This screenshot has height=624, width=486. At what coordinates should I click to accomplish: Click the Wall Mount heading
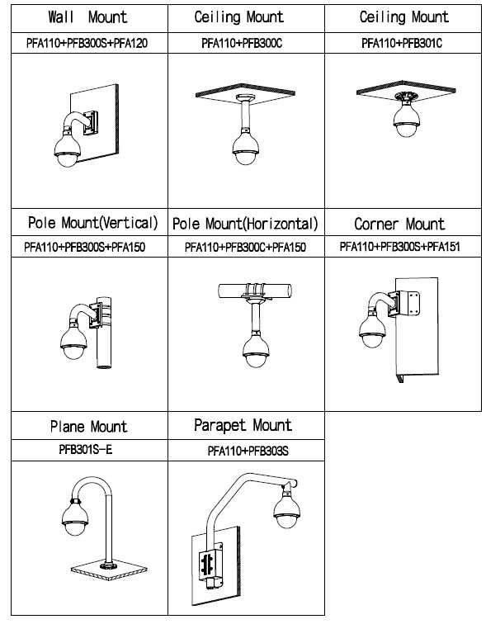point(87,17)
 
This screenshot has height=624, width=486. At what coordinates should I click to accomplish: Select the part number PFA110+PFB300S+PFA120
point(87,43)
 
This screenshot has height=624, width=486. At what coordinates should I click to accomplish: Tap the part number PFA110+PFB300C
point(242,43)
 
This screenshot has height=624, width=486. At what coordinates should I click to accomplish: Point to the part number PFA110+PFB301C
point(402,43)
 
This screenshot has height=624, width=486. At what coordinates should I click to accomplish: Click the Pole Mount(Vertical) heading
point(92,223)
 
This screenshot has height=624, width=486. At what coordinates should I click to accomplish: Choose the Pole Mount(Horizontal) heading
point(245,224)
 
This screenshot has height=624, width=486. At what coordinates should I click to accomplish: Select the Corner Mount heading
point(399,224)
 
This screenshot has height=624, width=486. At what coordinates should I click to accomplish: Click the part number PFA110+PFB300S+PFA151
point(399,247)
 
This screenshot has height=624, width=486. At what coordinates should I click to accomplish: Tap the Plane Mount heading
point(88,427)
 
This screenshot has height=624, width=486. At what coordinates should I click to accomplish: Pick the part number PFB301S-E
point(86,450)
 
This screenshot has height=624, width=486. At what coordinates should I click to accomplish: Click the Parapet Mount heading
point(243,425)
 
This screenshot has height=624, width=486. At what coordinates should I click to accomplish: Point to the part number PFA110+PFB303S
point(248,451)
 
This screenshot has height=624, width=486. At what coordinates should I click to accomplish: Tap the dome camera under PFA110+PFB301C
point(407,118)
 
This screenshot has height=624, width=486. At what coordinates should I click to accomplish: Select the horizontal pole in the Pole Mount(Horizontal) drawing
point(255,289)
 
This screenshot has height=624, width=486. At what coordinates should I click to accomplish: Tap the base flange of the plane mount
point(109,565)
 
